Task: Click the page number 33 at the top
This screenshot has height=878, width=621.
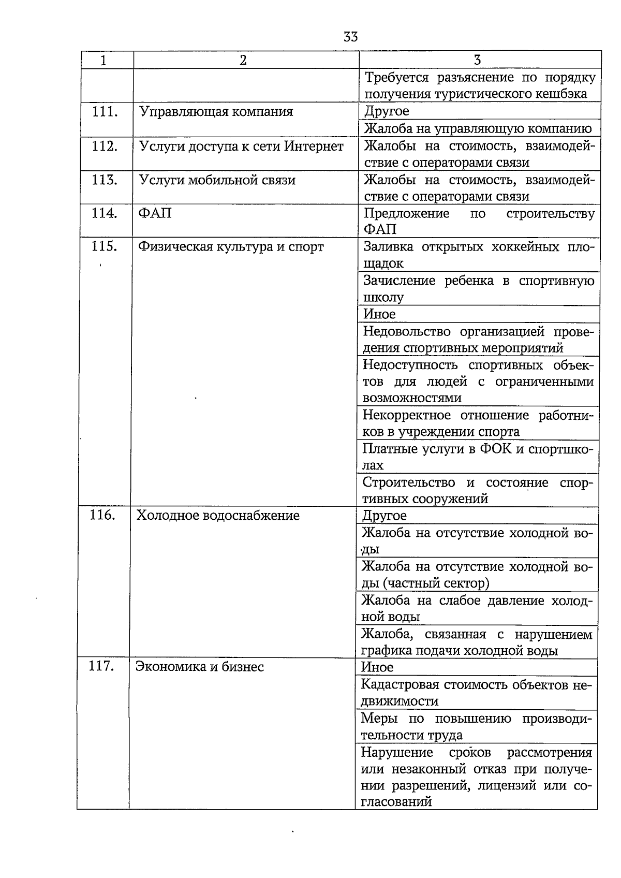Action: [x=350, y=37]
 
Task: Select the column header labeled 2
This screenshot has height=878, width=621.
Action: [x=243, y=60]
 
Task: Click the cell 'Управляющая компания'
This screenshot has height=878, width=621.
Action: [x=216, y=112]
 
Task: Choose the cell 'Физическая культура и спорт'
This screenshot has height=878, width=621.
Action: [x=231, y=247]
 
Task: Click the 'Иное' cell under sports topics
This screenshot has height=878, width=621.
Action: [x=379, y=314]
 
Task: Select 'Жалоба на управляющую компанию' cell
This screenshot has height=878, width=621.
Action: [x=478, y=128]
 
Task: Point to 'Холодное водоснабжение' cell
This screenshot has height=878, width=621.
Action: [x=218, y=516]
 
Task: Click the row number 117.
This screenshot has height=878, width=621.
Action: [x=101, y=666]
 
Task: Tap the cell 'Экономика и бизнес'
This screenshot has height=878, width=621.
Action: [x=200, y=667]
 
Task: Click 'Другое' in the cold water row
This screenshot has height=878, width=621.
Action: [x=385, y=516]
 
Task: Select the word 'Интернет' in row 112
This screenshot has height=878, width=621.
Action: [x=314, y=147]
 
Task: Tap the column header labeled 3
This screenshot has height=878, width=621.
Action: [x=477, y=60]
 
